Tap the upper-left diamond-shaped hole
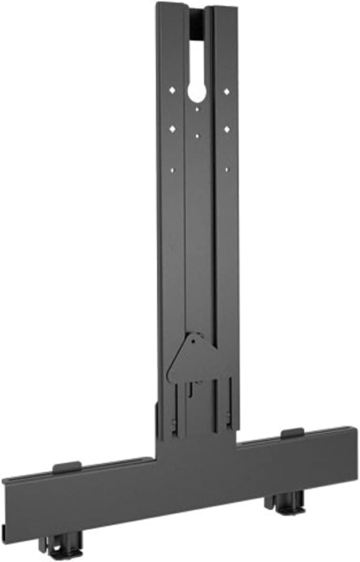click(x=172, y=91)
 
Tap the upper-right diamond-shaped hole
click(x=227, y=91)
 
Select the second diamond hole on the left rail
click(x=172, y=129)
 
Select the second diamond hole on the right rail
click(x=227, y=129)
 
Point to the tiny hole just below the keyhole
click(x=197, y=108)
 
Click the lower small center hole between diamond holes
click(x=198, y=136)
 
